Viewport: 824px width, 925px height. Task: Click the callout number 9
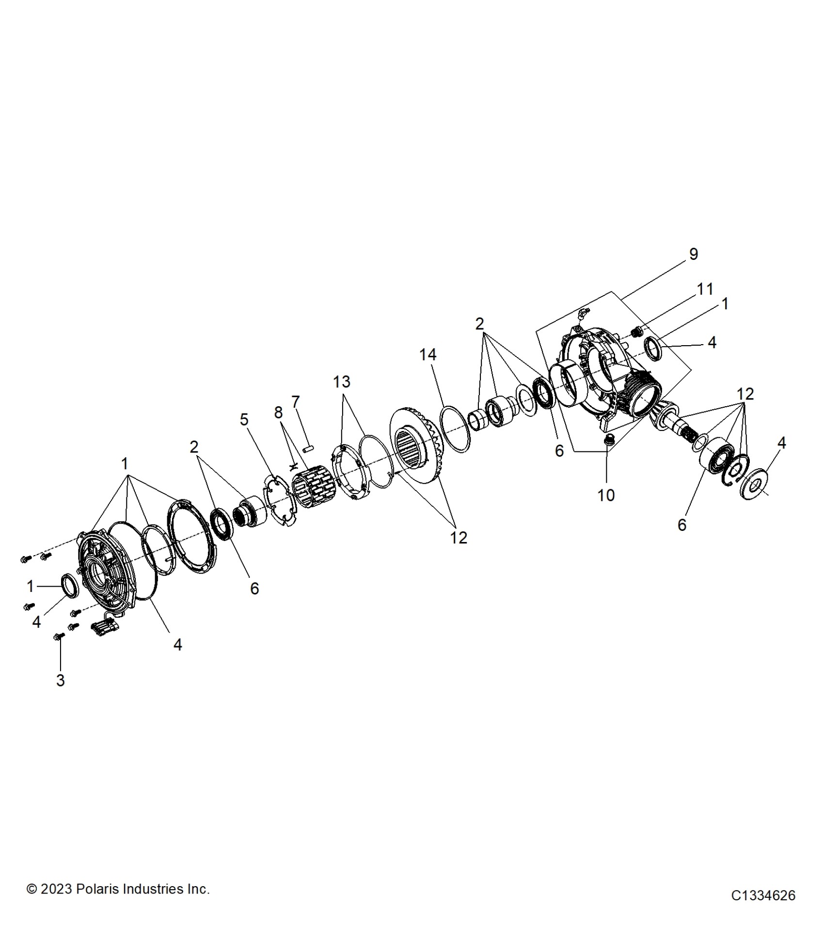[693, 254]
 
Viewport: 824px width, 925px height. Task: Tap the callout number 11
[705, 289]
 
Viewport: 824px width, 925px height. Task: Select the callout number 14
[428, 355]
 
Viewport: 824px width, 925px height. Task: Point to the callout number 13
[341, 382]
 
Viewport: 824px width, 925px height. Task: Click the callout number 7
[295, 402]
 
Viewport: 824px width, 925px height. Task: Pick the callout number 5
[244, 419]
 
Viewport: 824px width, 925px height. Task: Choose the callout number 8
[278, 413]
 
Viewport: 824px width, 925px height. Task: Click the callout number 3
[60, 680]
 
